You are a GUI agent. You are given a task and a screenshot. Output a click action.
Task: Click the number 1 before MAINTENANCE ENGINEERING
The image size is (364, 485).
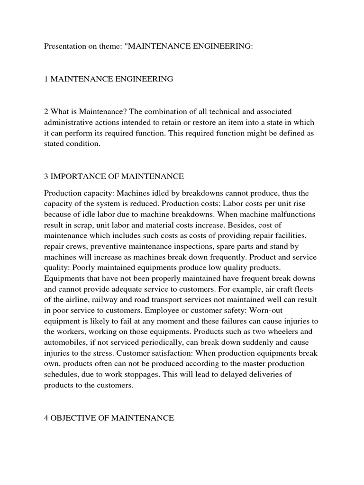46,79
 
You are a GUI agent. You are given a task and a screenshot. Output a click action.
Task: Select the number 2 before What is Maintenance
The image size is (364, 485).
46,111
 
